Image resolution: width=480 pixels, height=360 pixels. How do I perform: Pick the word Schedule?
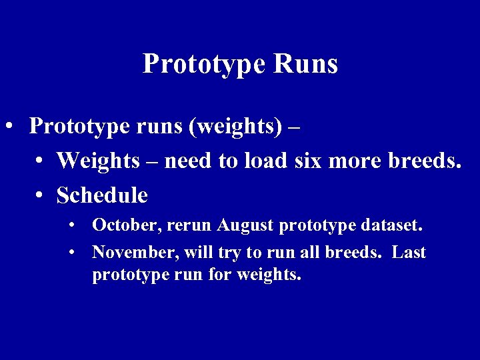pyautogui.click(x=102, y=195)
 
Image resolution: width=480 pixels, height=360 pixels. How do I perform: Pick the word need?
pyautogui.click(x=193, y=161)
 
